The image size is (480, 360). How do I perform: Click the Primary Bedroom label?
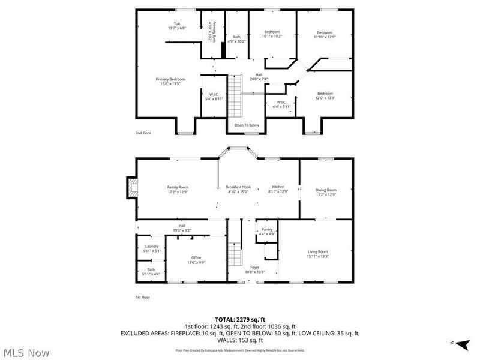click(170, 79)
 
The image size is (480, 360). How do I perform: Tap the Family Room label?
click(178, 187)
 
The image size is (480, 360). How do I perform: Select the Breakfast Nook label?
click(238, 187)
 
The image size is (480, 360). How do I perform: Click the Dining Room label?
click(326, 190)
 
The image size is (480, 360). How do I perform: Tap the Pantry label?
click(267, 229)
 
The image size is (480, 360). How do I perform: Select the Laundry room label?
click(152, 247)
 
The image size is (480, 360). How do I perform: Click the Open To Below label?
click(247, 125)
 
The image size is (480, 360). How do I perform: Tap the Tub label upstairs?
click(178, 24)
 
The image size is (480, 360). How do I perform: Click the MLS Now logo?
click(26, 352)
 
